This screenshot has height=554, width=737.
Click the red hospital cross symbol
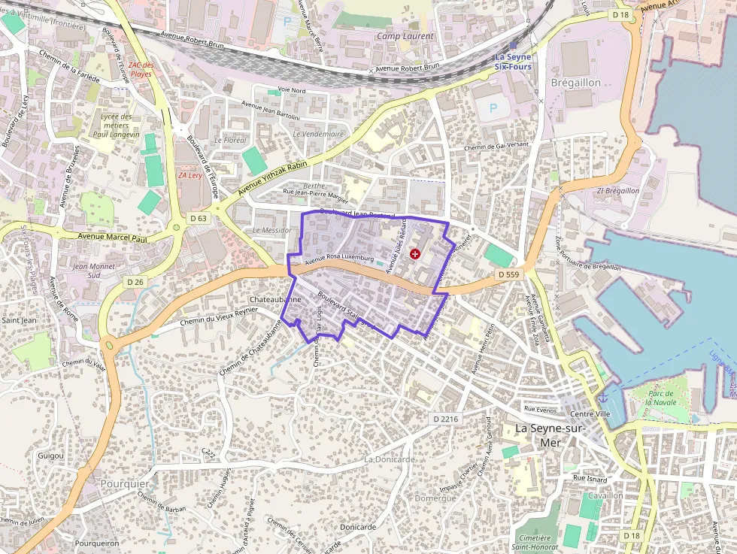[x=414, y=255]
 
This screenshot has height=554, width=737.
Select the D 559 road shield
[x=508, y=275]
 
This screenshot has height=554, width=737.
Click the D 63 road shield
[x=199, y=218]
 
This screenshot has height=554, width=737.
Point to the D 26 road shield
[x=135, y=282]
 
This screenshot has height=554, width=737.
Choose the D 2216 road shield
[x=446, y=418]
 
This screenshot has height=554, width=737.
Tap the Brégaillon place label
[x=575, y=82]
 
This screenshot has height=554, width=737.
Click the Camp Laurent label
[x=405, y=36]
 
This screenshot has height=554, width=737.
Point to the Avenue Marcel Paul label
[x=112, y=238]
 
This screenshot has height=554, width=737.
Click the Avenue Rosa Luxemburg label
[x=339, y=258]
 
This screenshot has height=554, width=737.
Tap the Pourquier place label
[x=125, y=484]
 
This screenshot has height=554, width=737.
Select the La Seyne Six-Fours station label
[x=513, y=62]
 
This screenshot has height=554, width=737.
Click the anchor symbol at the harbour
[x=602, y=396]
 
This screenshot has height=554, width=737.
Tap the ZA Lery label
[x=190, y=175]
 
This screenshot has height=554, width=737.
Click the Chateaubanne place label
[x=275, y=299]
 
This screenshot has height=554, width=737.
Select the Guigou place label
[x=50, y=456]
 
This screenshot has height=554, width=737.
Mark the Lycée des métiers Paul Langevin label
[x=116, y=126]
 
